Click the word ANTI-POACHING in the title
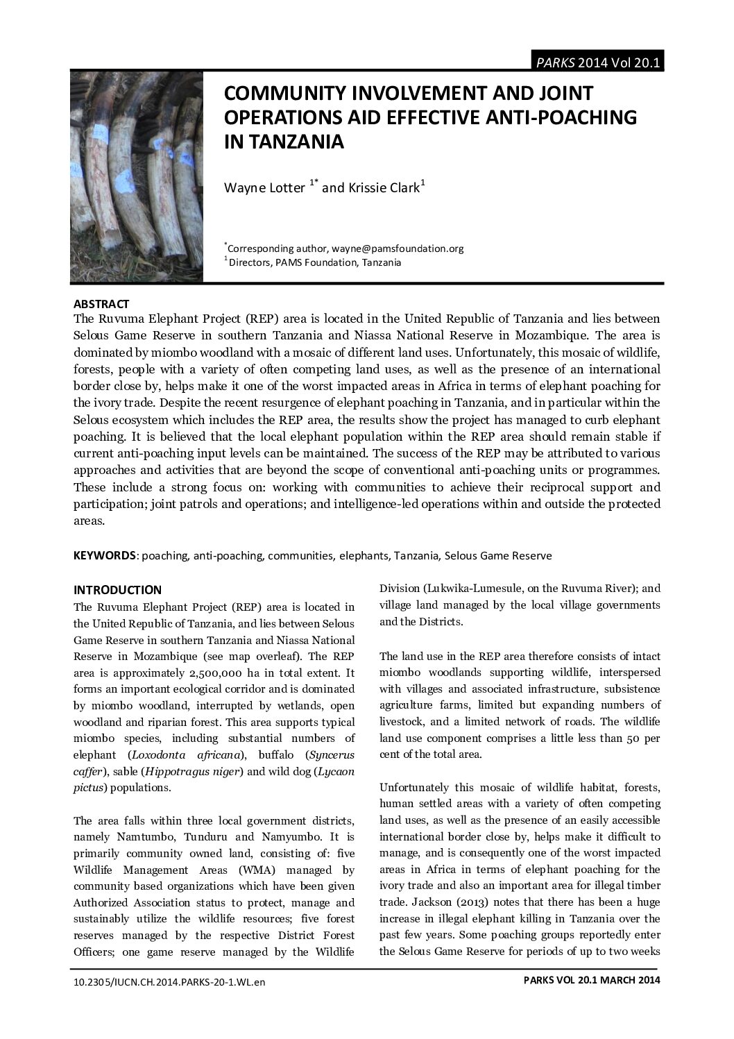(x=565, y=117)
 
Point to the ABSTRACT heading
(x=101, y=304)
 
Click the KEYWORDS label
(x=105, y=555)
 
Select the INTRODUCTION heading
(x=117, y=590)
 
